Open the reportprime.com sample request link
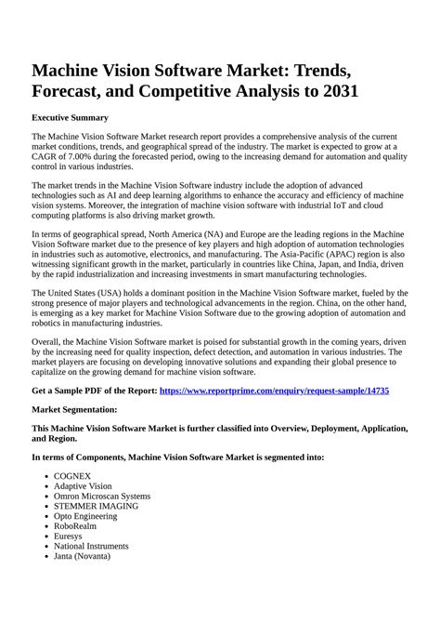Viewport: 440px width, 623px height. [x=275, y=391]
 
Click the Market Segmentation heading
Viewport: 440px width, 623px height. [x=74, y=409]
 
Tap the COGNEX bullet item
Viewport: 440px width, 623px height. [x=72, y=475]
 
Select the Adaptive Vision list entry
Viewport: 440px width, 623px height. [x=83, y=485]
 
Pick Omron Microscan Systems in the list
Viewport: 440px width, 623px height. [x=102, y=496]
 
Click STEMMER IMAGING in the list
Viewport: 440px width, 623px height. [x=96, y=506]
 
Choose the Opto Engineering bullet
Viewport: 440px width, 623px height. [x=89, y=516]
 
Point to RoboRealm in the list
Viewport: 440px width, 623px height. [x=76, y=526]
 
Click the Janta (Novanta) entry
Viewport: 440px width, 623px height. [x=82, y=556]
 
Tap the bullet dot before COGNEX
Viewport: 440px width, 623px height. [x=46, y=476]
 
